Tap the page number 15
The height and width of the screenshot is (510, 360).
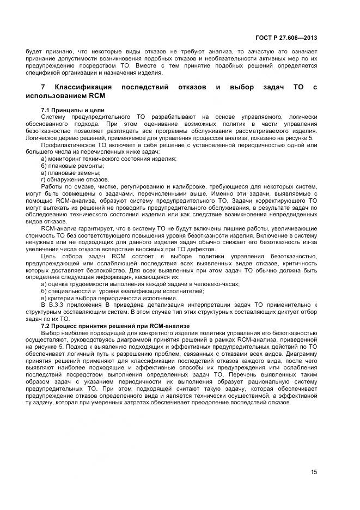[314, 472]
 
